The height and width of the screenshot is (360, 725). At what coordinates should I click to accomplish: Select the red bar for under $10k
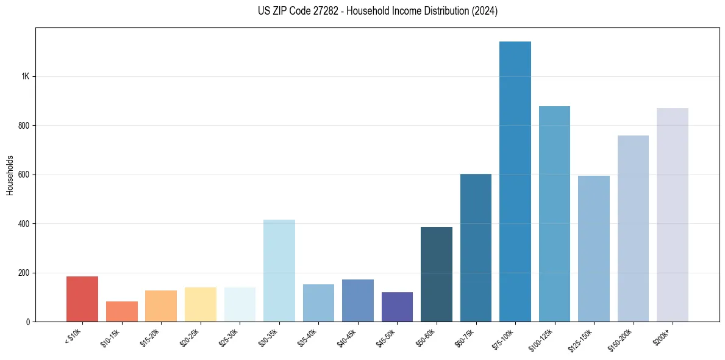click(82, 299)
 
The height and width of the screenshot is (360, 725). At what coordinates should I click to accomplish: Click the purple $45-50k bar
click(397, 307)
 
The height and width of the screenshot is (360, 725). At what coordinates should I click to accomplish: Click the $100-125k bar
click(554, 214)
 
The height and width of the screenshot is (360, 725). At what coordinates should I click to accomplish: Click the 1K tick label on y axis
click(25, 77)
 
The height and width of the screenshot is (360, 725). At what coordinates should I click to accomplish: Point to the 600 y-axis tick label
click(23, 175)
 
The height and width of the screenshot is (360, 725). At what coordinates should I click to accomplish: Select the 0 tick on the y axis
click(28, 322)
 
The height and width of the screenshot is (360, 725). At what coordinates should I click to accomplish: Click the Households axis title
click(10, 175)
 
